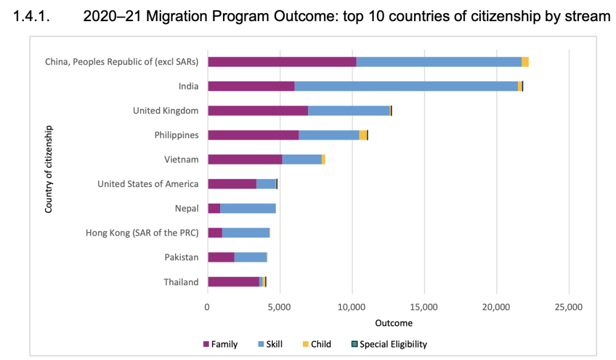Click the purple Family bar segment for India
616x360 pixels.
(x=251, y=86)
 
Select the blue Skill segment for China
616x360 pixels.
(x=439, y=62)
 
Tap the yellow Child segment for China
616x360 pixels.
(x=525, y=62)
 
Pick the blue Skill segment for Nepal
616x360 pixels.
(x=248, y=208)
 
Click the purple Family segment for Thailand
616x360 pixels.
(x=233, y=282)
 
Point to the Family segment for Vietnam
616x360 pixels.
(x=245, y=159)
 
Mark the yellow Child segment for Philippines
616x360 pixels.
(x=363, y=135)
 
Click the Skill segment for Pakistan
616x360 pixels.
(x=250, y=257)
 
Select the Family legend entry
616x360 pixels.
(x=220, y=344)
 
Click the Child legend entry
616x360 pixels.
(x=317, y=344)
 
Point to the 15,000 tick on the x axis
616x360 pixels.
(x=424, y=308)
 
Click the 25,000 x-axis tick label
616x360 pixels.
(x=569, y=308)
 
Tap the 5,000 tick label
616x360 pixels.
(x=279, y=308)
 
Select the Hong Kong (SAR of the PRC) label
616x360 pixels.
(x=142, y=233)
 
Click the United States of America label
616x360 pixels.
(x=148, y=184)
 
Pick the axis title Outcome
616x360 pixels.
(x=394, y=323)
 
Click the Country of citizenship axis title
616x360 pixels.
(x=49, y=169)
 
